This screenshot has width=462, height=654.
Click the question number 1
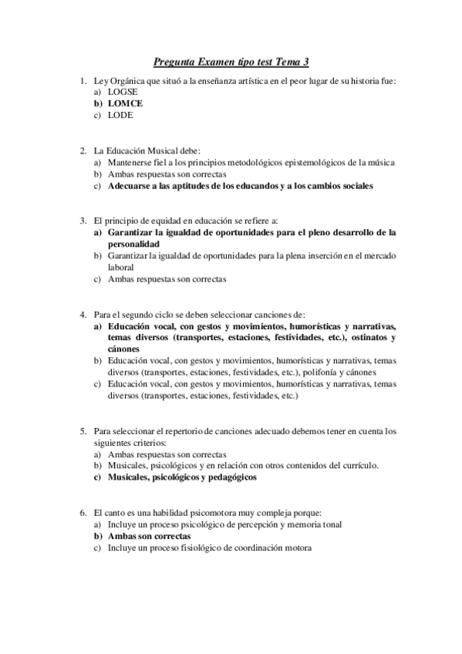[83, 81]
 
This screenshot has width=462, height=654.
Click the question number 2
[83, 150]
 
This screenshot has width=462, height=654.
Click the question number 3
[83, 221]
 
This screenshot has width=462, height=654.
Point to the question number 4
[83, 314]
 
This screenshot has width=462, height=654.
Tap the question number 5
[83, 431]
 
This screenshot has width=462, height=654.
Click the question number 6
[83, 513]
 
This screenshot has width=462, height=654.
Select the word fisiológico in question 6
[191, 548]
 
